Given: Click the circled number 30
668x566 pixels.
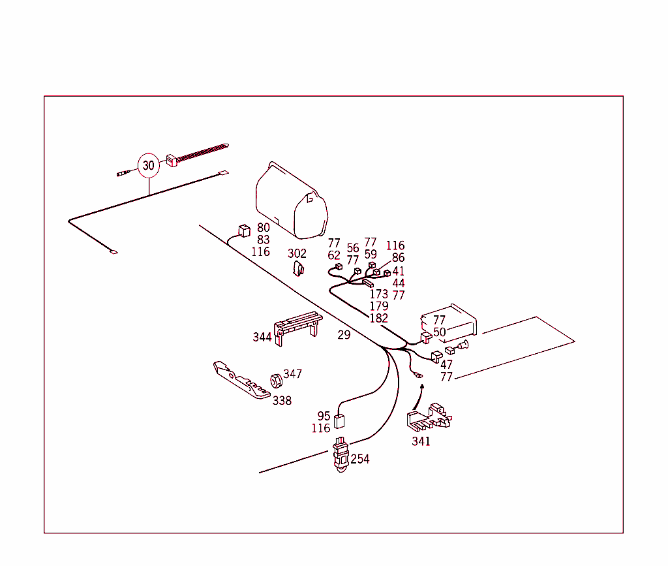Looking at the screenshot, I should point(149,166).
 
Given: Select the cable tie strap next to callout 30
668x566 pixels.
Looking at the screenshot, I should point(196,153).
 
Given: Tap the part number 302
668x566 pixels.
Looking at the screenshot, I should point(297,253).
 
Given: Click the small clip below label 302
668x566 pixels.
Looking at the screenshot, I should point(299,268).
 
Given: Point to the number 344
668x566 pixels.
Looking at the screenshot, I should point(262,338).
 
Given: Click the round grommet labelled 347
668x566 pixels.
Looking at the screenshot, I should point(275,379).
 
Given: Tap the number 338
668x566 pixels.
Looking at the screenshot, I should point(282,401).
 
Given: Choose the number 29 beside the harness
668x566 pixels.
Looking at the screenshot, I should point(344,335).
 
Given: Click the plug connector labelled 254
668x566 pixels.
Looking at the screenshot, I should point(340,454).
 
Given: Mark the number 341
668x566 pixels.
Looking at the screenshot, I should point(421,441).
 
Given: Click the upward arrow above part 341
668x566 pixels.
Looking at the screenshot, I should point(421,392).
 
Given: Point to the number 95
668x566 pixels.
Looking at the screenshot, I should point(324,416).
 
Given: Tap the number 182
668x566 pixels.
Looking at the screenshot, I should point(378,319).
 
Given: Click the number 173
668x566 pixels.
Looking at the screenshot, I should point(378,294).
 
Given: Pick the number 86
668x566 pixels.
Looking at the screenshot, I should point(398,258).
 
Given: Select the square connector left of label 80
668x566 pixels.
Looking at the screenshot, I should point(243,230).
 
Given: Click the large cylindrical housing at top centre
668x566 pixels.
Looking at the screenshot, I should point(291,200).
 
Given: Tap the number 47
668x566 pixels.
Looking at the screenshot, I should point(446,365).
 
